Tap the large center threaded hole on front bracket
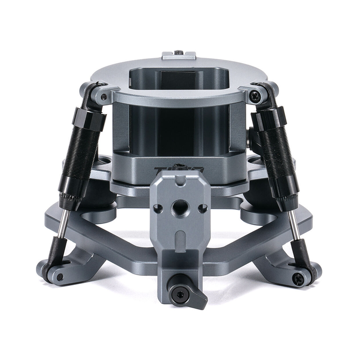click(179, 207)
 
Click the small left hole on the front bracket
click(158, 208)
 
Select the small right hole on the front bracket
click(202, 208)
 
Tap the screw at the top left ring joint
click(104, 96)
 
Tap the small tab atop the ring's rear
click(178, 55)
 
